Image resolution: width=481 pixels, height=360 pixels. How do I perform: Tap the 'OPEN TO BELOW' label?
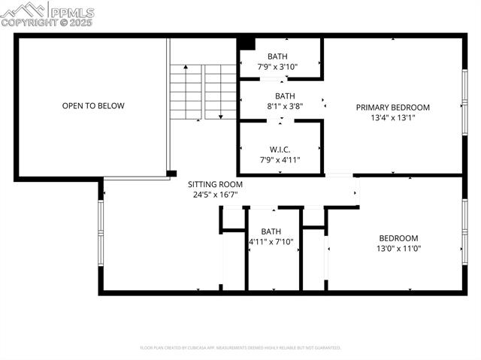pos(93,106)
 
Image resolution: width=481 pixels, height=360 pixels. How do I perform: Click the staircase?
pos(203,92)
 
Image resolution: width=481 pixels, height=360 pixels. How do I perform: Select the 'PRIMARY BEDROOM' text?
pos(392,107)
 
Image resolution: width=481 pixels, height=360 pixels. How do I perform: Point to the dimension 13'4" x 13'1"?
pos(392,117)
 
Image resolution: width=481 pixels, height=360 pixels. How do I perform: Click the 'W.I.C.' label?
pos(280,149)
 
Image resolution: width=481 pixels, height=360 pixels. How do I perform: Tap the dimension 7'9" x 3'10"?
pos(277,66)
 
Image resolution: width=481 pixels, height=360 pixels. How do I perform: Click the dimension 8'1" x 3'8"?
pos(285,106)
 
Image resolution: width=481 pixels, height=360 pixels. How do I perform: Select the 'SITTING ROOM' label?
pos(214,184)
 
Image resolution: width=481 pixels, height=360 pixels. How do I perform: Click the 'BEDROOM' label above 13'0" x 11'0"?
pos(398,238)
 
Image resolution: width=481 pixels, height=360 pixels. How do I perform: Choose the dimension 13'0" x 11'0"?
pos(398,248)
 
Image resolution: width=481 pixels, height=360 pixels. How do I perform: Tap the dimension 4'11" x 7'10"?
pos(271,241)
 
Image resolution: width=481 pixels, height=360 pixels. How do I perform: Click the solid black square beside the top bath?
pos(247,43)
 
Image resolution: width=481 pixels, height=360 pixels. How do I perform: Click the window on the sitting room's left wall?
pos(100,234)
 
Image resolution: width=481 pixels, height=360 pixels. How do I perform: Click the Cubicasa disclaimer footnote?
pos(240,348)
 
